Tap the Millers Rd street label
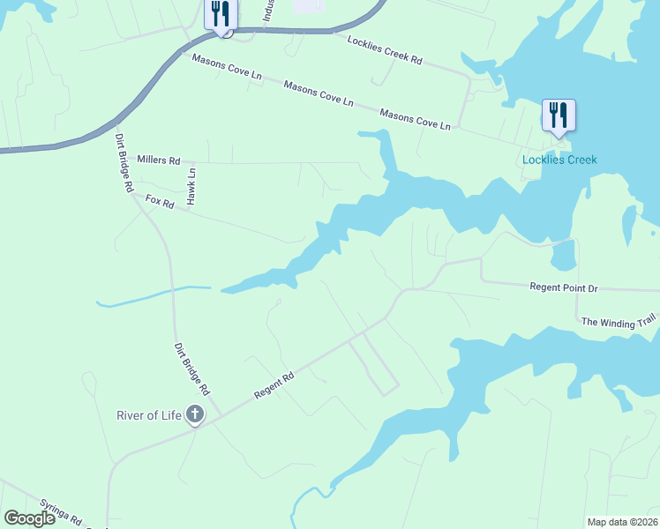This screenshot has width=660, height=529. (x=159, y=160)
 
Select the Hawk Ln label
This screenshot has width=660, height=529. (x=191, y=188)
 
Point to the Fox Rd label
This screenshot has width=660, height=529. (x=160, y=201)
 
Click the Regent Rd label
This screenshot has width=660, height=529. (x=273, y=384)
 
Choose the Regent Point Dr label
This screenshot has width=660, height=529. (x=563, y=287)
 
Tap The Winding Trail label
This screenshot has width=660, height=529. (x=619, y=324)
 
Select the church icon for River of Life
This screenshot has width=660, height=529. (x=195, y=414)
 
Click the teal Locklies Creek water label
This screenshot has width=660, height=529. (x=559, y=160)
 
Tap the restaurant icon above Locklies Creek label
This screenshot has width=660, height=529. (x=559, y=115)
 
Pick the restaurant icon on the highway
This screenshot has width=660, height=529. (x=220, y=15)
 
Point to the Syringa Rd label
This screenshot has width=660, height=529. (x=64, y=521)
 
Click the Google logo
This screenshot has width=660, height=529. (x=29, y=518)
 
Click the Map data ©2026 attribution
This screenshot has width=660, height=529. (x=621, y=522)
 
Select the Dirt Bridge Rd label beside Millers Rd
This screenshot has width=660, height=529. (x=123, y=162)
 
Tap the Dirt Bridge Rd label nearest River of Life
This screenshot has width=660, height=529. (x=191, y=369)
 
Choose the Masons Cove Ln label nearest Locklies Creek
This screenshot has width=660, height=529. (x=415, y=120)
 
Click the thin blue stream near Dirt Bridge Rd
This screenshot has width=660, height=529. (x=150, y=295)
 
